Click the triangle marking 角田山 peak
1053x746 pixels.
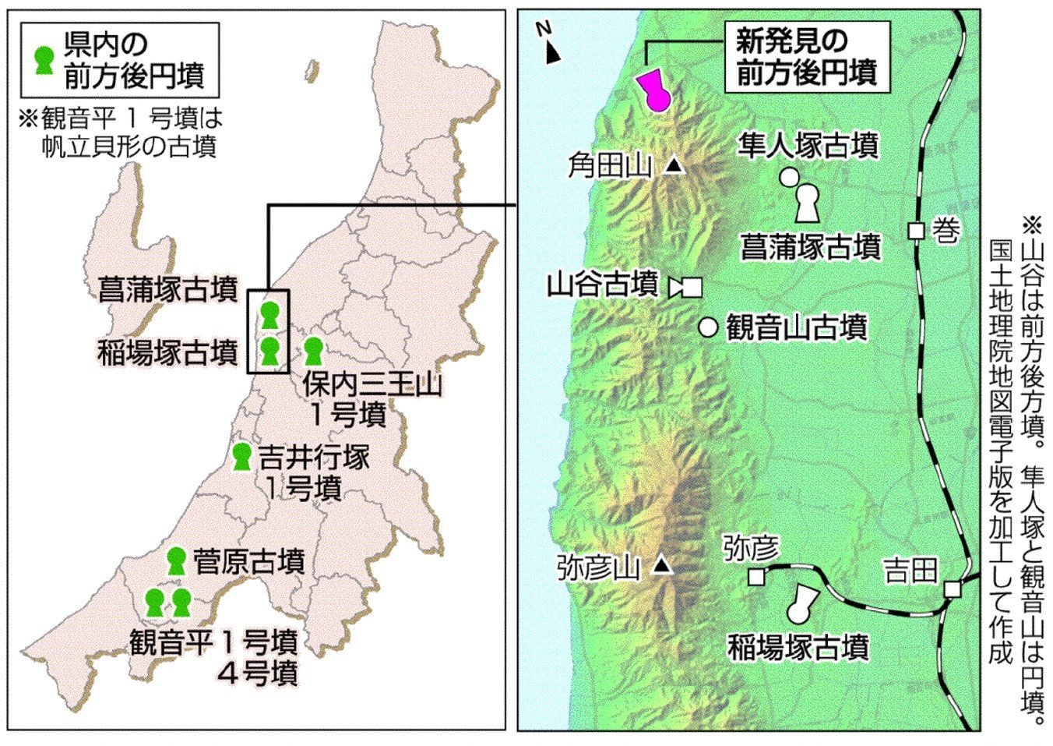(x=674, y=164)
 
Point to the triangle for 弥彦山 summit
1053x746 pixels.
(x=662, y=564)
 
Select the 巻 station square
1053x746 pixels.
(x=917, y=231)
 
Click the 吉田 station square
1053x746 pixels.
(x=952, y=589)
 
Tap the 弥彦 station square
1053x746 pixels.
(x=755, y=577)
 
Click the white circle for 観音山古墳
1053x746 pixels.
(x=708, y=327)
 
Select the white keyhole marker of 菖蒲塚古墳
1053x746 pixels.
(x=808, y=203)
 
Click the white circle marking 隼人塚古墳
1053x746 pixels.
(x=789, y=177)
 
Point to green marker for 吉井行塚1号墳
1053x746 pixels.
(x=241, y=456)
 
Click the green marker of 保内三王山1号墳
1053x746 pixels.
(x=313, y=351)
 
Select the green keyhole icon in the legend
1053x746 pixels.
(x=44, y=60)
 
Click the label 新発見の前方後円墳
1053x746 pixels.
(x=806, y=58)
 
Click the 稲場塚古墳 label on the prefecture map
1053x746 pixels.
(x=167, y=352)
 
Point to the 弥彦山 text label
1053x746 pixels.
(x=599, y=567)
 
